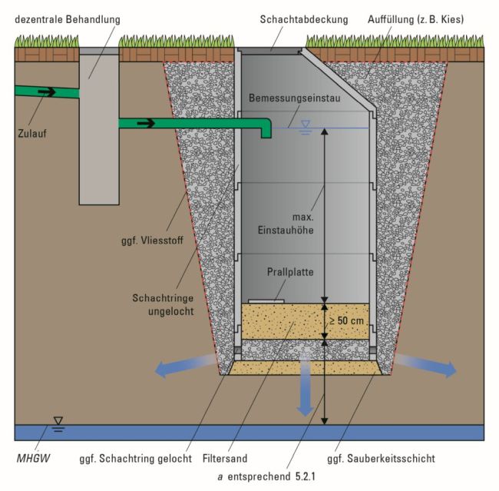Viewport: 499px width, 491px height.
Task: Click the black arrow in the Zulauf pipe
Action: tap(46, 92)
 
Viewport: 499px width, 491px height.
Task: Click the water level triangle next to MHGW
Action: tap(56, 421)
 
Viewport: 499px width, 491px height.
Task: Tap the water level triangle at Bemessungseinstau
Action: tap(306, 124)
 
